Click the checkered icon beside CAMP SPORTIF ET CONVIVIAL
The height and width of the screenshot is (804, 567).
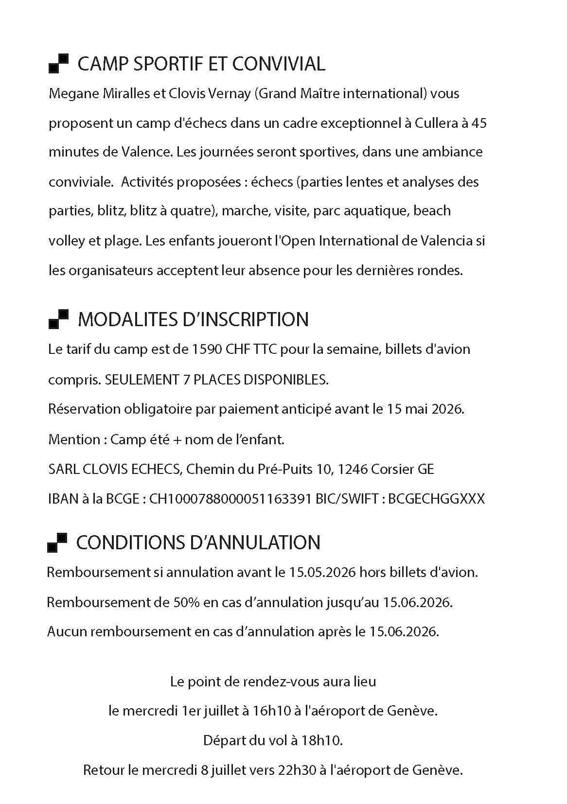(58, 64)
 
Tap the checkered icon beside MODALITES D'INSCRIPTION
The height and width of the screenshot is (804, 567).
(58, 319)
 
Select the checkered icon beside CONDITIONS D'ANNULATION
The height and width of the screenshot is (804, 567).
(57, 542)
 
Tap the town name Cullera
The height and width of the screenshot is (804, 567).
(436, 123)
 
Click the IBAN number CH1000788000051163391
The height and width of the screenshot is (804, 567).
(230, 499)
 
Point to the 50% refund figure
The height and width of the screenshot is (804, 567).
(186, 602)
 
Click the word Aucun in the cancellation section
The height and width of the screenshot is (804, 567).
(67, 632)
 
